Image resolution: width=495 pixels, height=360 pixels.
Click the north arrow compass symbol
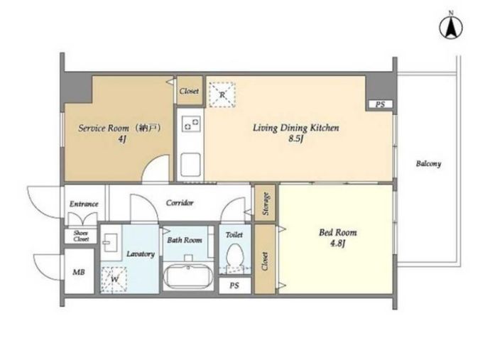coord(451,28)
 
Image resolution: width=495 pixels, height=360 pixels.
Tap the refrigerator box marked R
coord(222,94)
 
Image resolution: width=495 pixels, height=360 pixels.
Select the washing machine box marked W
coord(114,279)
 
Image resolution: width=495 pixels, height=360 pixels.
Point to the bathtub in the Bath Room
coord(188,275)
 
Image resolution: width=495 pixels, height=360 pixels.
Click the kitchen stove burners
coord(191,124)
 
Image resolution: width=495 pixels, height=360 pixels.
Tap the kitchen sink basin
coord(190,165)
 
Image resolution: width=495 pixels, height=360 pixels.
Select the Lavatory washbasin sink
coord(111,242)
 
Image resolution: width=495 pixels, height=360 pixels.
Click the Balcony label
coord(428,164)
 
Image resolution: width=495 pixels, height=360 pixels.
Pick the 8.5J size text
coord(296,138)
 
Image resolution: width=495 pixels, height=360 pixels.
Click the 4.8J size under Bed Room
coord(337,244)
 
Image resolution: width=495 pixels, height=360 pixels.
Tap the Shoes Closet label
coord(81,236)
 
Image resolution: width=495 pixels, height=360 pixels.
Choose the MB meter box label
coord(79,272)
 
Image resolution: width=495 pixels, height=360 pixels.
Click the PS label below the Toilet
coord(234,285)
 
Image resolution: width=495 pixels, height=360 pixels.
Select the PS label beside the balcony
coord(381,104)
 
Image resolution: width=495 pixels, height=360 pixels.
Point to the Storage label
coord(266,204)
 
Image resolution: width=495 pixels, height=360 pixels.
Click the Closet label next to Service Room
coord(189,91)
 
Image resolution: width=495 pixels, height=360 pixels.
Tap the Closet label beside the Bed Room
coord(265,261)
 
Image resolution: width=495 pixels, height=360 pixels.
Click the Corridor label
coord(180,202)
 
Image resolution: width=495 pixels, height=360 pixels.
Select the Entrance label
coord(84,204)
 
